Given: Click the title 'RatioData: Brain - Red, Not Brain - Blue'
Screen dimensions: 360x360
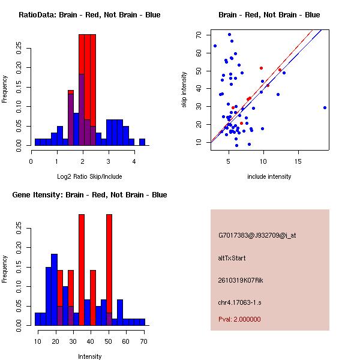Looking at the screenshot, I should pos(89,15).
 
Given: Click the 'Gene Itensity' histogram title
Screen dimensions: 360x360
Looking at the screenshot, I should pos(89,195).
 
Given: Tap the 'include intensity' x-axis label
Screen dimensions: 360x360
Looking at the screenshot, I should pos(269,176).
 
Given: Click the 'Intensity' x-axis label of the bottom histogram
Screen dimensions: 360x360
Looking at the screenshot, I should pos(89,356).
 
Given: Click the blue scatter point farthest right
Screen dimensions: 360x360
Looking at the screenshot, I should pos(325,107).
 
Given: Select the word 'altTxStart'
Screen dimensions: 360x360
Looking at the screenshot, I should pos(232,258).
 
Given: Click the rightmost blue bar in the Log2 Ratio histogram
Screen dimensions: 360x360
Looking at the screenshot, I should pos(142,142).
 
